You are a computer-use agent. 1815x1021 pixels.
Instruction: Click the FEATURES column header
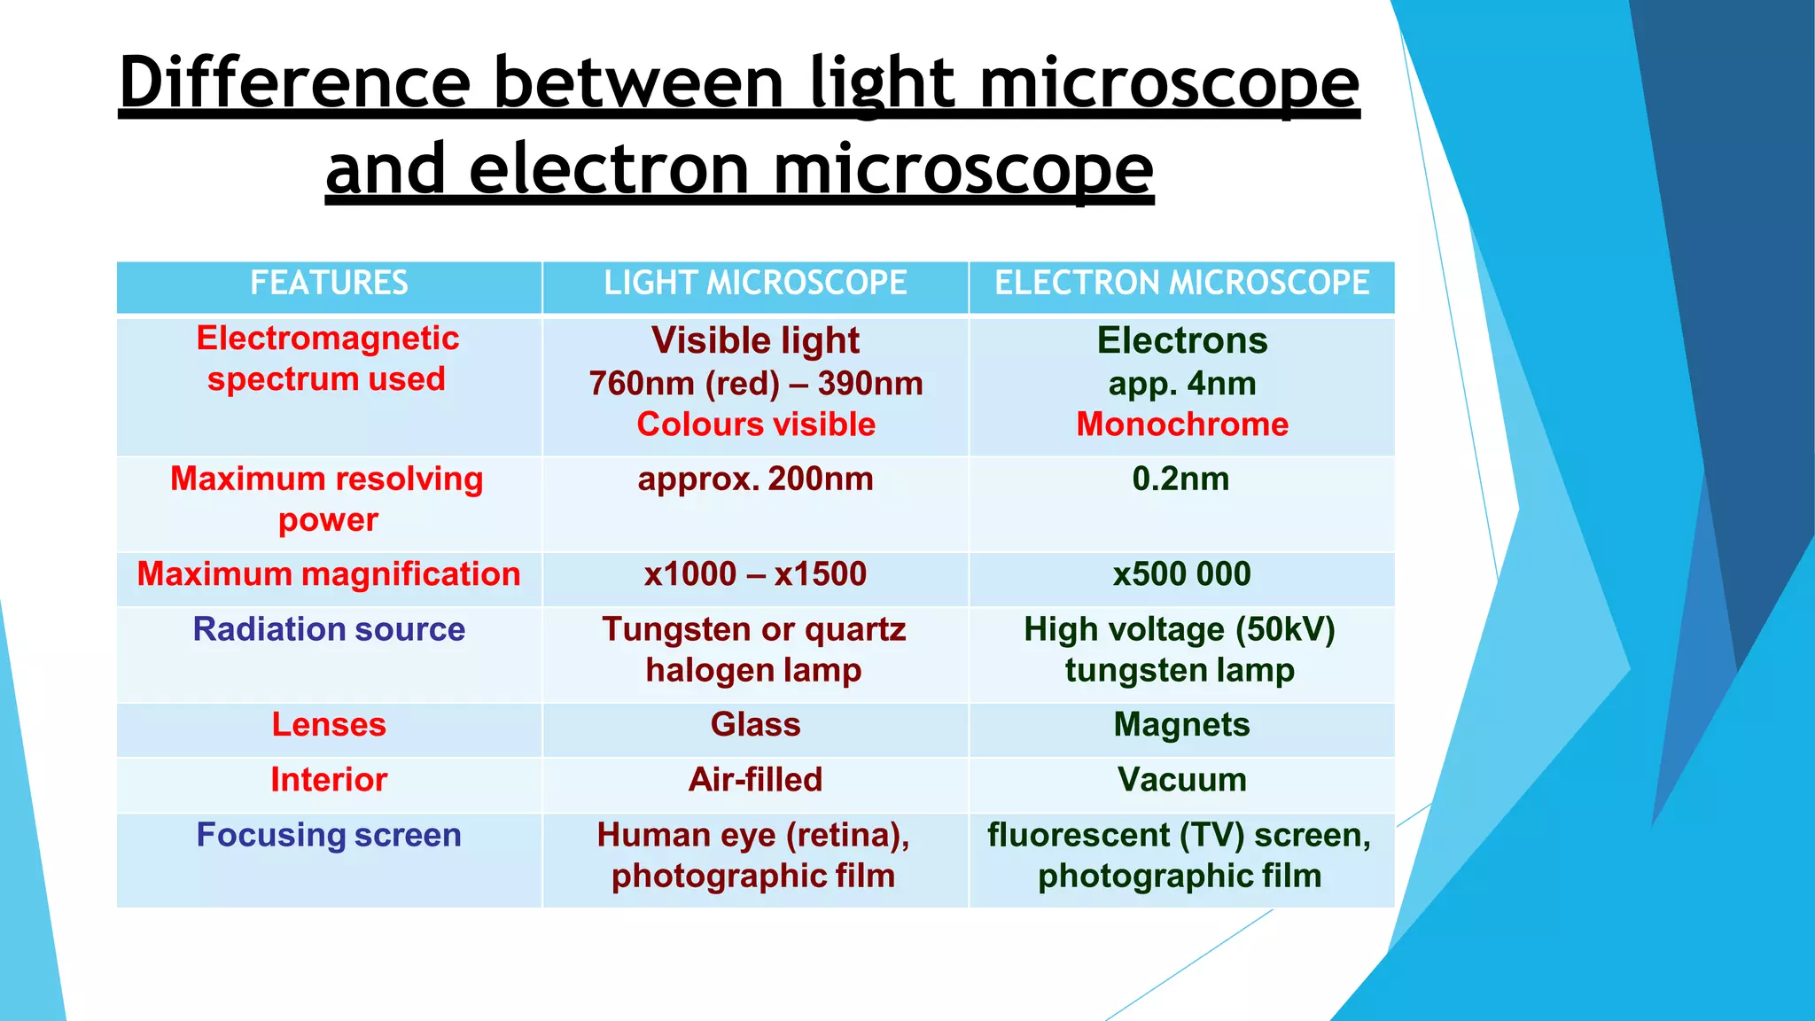point(329,284)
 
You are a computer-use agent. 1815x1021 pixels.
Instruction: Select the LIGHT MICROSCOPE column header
point(755,284)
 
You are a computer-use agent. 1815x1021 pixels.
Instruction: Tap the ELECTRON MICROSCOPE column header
point(1181,284)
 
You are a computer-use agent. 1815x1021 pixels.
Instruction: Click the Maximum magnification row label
point(329,574)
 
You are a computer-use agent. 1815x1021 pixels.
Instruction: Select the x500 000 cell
point(1181,574)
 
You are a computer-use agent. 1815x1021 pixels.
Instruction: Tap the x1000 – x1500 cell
point(755,574)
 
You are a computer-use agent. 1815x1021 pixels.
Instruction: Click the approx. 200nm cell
point(755,479)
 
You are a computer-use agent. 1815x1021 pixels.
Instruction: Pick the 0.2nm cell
point(1181,479)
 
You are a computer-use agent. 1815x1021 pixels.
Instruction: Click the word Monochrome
point(1182,425)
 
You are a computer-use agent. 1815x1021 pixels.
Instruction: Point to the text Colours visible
point(756,425)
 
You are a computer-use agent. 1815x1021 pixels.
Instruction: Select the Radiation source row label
point(329,629)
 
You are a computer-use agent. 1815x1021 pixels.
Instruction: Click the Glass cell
point(755,725)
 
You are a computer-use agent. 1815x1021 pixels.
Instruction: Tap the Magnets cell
point(1181,725)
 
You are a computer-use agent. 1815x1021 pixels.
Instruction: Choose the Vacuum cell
point(1181,780)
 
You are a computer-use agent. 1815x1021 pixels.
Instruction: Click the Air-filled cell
point(755,780)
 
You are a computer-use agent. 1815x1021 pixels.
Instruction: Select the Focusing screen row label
point(329,836)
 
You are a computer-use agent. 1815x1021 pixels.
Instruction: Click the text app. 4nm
point(1182,384)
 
